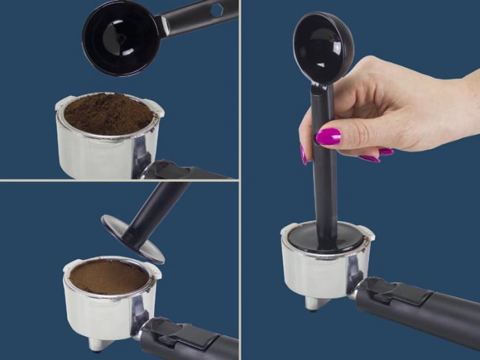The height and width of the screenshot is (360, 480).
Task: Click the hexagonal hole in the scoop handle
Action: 217,11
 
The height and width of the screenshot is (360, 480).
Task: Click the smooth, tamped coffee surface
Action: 108,276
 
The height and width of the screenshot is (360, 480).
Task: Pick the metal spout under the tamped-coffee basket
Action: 101,344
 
